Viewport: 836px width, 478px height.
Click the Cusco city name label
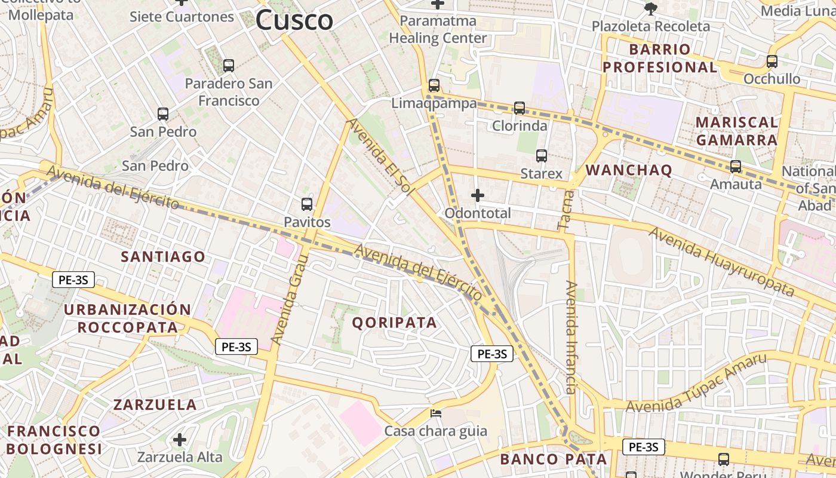(x=294, y=20)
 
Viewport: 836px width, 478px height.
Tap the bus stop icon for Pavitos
(x=307, y=204)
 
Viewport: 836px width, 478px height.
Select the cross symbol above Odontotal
(x=478, y=195)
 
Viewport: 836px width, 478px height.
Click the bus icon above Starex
(x=542, y=156)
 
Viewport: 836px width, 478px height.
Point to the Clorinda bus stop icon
(x=520, y=108)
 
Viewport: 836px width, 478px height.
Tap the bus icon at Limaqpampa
(x=434, y=85)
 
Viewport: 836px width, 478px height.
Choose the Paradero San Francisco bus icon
(x=229, y=66)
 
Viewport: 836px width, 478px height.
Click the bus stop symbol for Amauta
(x=736, y=167)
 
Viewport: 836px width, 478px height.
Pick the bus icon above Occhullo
(x=772, y=61)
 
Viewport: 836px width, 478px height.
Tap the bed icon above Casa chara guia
(x=437, y=413)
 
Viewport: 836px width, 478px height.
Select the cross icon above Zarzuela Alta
(x=180, y=440)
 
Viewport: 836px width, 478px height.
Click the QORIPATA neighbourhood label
(x=394, y=323)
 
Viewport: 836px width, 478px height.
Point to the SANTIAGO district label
(x=163, y=257)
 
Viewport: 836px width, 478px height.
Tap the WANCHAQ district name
(x=629, y=170)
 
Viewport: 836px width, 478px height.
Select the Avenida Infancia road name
(x=571, y=338)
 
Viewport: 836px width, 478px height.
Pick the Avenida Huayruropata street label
(x=722, y=261)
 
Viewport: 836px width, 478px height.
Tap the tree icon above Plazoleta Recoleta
(x=650, y=8)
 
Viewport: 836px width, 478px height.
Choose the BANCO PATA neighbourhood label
(x=553, y=459)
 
